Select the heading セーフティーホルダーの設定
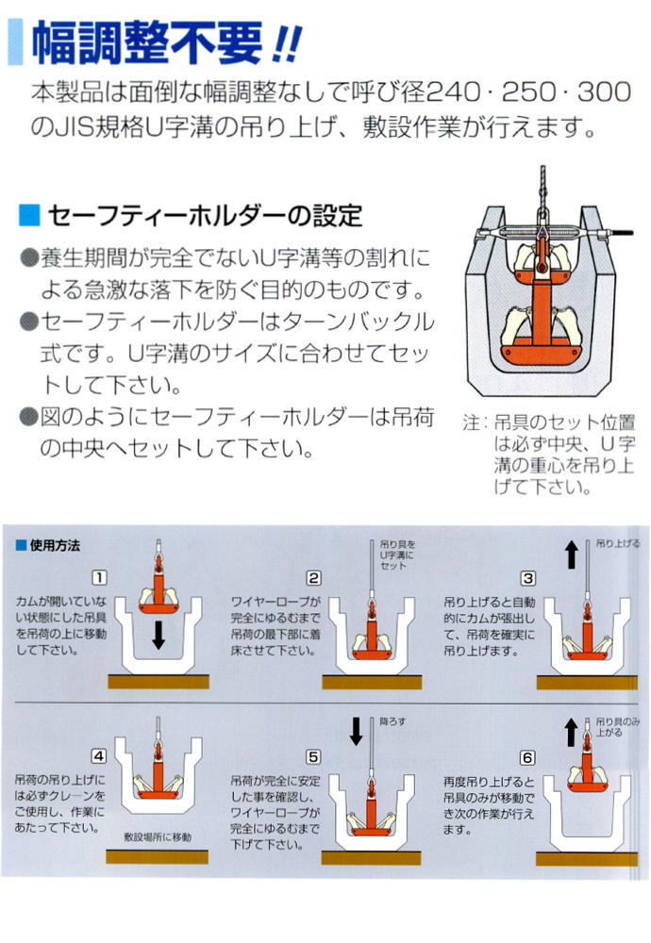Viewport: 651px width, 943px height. point(204,215)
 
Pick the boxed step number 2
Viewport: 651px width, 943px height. point(313,578)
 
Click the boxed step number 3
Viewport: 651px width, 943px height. point(528,578)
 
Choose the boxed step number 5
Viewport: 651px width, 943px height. point(313,755)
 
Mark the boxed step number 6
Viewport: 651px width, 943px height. point(528,755)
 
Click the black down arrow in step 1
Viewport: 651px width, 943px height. point(159,636)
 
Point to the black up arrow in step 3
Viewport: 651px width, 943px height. point(572,555)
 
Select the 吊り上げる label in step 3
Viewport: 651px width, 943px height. point(618,545)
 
